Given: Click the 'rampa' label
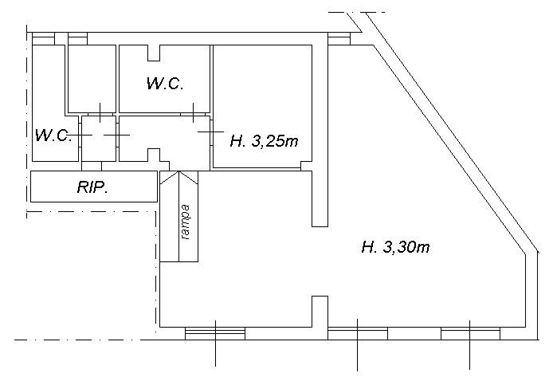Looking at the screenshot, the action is pos(186,222).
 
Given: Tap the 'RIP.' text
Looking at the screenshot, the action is pos(92,187).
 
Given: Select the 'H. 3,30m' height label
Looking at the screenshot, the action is pos(395,247).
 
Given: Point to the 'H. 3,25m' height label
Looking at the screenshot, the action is pos(264,141).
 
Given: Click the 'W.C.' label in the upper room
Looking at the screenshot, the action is pos(165,84).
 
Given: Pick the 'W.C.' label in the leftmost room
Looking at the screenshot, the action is pos(53,136).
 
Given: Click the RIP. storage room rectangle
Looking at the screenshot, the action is pos(94,187).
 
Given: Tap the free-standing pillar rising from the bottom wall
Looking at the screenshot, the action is pos(320,312).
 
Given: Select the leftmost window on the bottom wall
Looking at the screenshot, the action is pos(215,333).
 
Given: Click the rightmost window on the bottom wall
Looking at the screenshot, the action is pos(470,333).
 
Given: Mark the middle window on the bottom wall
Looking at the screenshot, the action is pos(358,333).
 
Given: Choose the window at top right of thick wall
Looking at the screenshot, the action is pos(339,38).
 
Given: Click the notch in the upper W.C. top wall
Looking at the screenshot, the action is pos(154,53).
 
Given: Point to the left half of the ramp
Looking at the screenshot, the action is pos(170,217).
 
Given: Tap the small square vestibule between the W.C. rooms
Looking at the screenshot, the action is pos(99,139).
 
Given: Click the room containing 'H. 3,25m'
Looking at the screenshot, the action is pos(262,107).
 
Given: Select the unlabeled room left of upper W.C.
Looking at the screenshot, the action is pos(92,79).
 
